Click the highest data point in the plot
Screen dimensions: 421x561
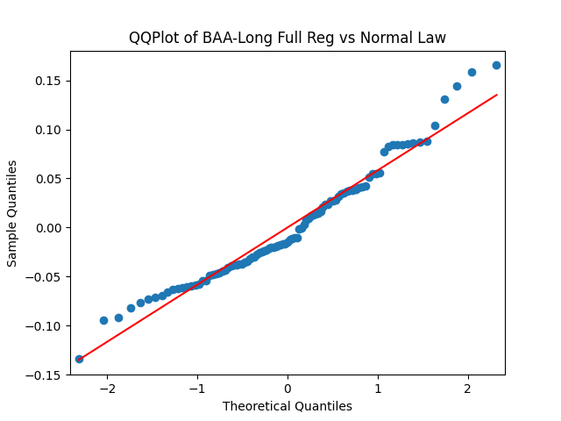pos(496,65)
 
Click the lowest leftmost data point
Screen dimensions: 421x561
pos(79,359)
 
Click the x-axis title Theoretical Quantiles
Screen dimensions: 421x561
pos(288,406)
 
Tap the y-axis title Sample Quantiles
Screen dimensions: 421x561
pos(12,213)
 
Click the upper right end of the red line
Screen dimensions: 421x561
pos(496,95)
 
